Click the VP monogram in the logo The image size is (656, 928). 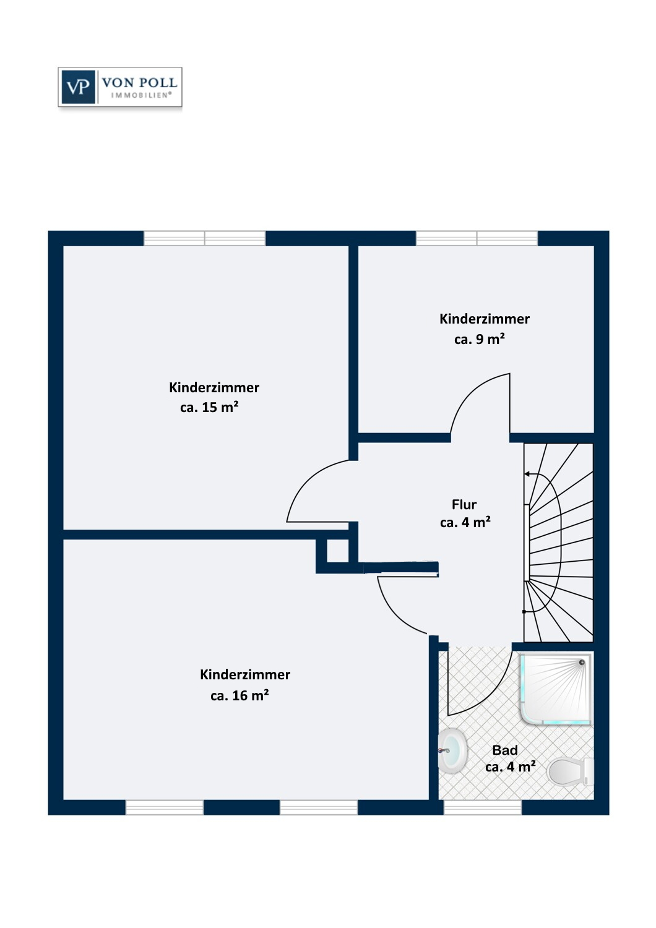78,87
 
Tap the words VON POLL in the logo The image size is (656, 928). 140,83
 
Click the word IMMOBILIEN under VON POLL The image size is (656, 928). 141,95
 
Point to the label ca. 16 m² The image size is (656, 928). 240,695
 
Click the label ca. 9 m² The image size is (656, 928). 480,339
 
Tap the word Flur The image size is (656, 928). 464,504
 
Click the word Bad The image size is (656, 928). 505,750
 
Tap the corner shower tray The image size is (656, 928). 556,690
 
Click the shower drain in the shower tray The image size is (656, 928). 582,663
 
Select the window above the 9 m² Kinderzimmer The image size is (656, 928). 477,238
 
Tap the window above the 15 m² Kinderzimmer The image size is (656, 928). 205,238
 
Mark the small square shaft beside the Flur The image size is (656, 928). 338,551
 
